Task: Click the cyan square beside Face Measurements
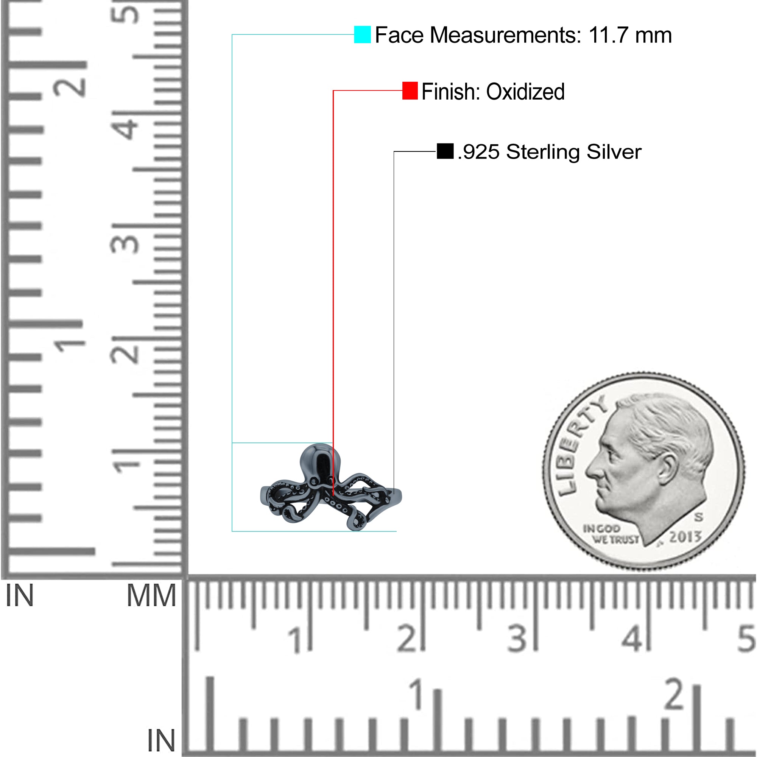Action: click(x=363, y=34)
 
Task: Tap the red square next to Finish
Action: click(x=410, y=90)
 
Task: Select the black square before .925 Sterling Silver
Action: click(x=445, y=151)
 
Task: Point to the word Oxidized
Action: click(x=525, y=92)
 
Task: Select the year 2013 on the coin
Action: click(x=685, y=536)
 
